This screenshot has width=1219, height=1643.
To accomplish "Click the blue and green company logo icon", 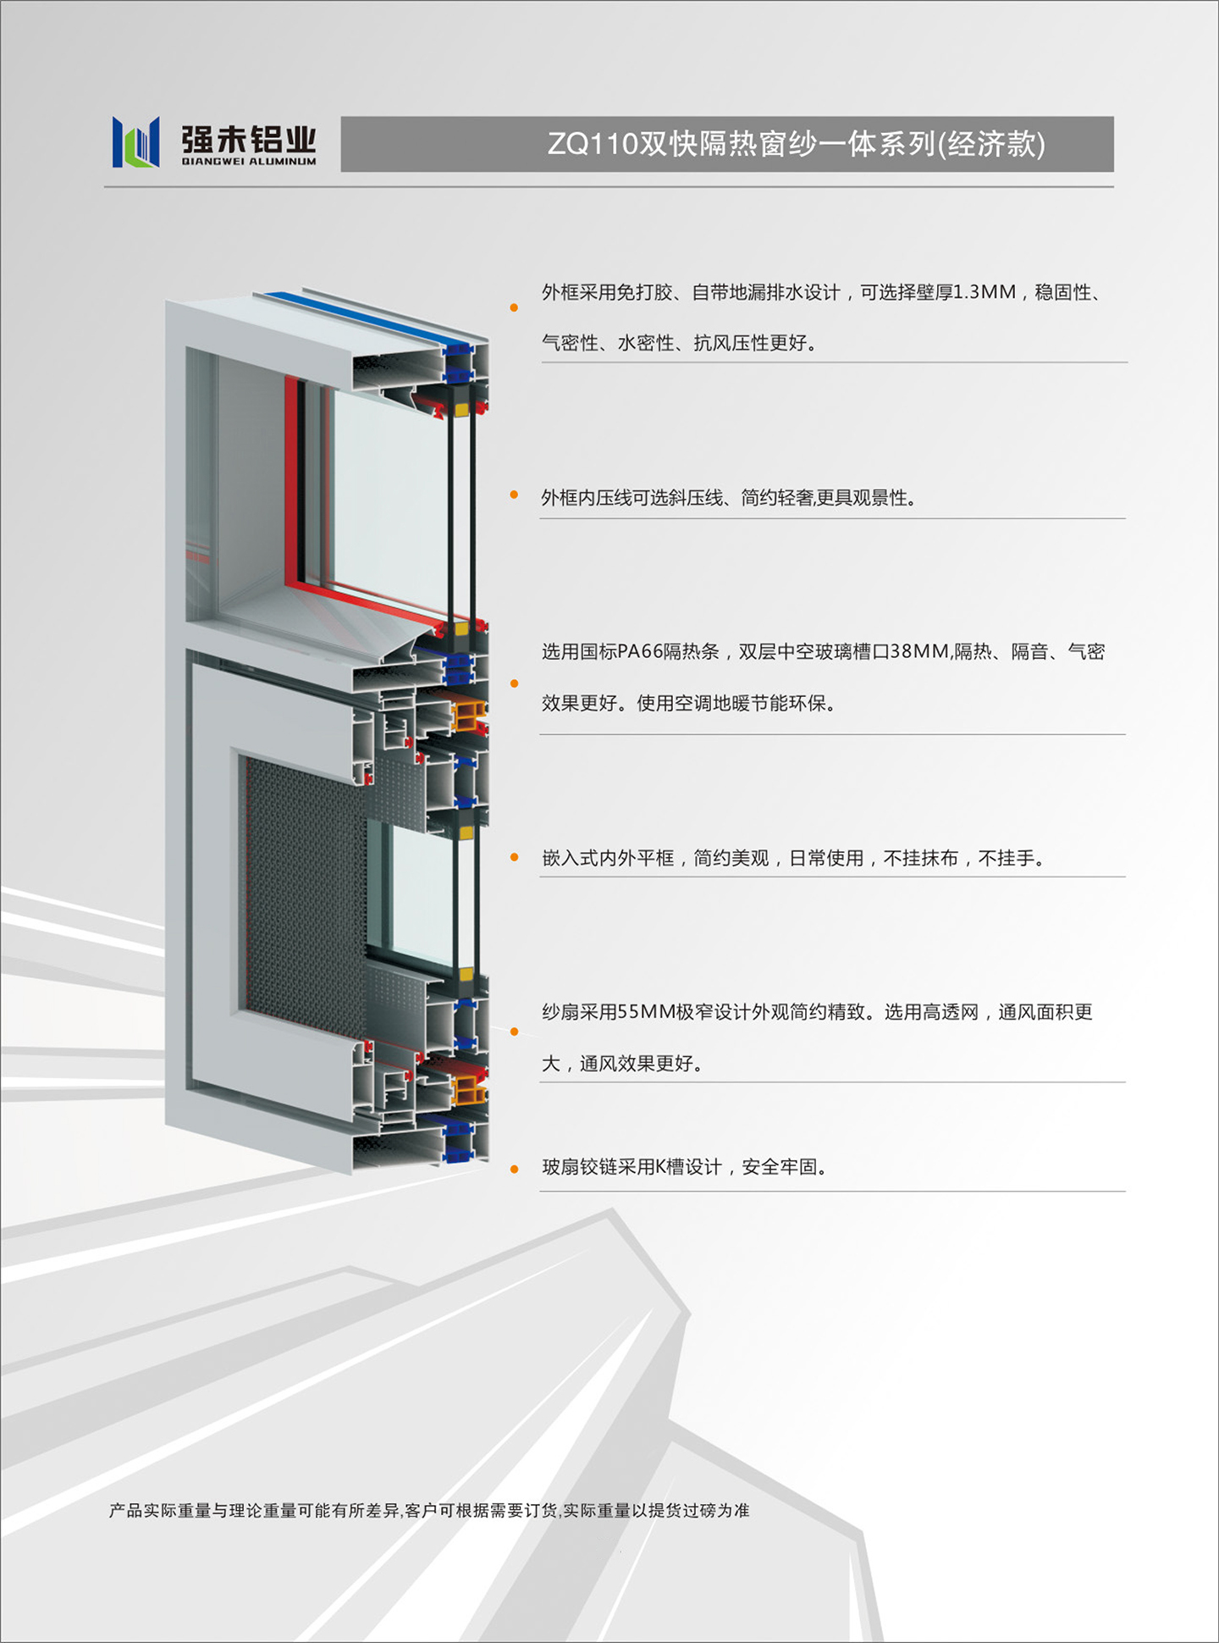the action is coord(135,141).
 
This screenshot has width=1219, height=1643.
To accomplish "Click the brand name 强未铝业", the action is coord(249,138).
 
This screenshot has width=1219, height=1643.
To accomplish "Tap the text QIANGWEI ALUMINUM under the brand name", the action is coord(249,161).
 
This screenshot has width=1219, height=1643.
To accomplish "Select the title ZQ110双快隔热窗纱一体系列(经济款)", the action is coord(796,144).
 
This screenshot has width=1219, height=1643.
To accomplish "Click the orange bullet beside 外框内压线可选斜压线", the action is coord(514,495).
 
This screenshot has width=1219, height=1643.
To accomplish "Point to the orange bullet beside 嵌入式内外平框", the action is coord(514,857).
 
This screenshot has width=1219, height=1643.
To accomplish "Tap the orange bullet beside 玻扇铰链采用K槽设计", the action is coord(514,1170).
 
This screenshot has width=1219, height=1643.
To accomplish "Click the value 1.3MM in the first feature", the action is coord(985,292).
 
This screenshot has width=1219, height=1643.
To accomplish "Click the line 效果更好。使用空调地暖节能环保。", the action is coord(689,703).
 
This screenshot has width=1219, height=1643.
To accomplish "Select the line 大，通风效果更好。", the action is coord(622,1064).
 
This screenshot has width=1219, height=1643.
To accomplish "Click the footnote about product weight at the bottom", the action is coord(429,1511).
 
